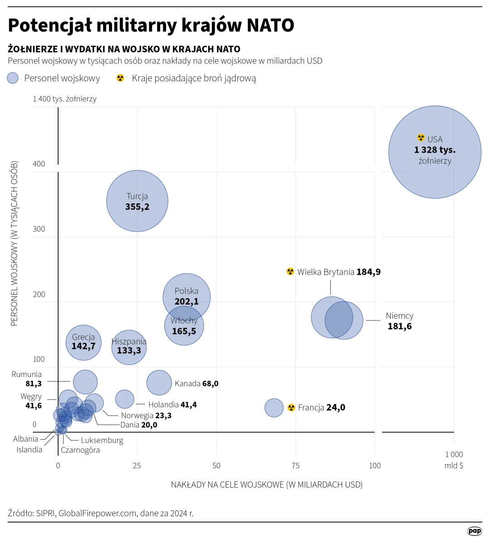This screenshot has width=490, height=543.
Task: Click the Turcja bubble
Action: pos(137,201)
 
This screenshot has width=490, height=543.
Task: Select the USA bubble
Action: pos(435,152)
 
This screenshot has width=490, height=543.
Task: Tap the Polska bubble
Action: pos(186,290)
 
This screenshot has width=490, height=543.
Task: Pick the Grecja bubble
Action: pos(83,342)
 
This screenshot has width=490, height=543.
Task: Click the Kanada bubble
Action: pos(159,383)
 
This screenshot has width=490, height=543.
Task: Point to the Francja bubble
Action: pos(274,407)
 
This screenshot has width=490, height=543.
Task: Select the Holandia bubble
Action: pos(125,399)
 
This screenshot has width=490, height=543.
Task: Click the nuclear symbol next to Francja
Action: pos(291,407)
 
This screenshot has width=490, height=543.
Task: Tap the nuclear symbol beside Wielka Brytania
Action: pos(290,271)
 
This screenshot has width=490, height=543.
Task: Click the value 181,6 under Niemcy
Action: pos(399,326)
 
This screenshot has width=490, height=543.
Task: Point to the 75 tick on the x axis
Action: pos(295,465)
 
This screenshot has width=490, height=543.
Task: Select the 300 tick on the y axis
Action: pos(39,229)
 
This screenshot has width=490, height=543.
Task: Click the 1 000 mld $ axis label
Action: pos(454,460)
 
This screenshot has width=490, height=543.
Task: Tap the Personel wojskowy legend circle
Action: pos(13,78)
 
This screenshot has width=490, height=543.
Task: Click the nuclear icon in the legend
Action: pos(120,78)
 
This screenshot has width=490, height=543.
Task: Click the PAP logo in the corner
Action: pos(474,531)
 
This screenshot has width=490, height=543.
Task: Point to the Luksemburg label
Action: pos(102,440)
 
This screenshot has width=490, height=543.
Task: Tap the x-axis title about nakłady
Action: pos(266,485)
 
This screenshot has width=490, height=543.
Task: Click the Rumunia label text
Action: pos(27,374)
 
